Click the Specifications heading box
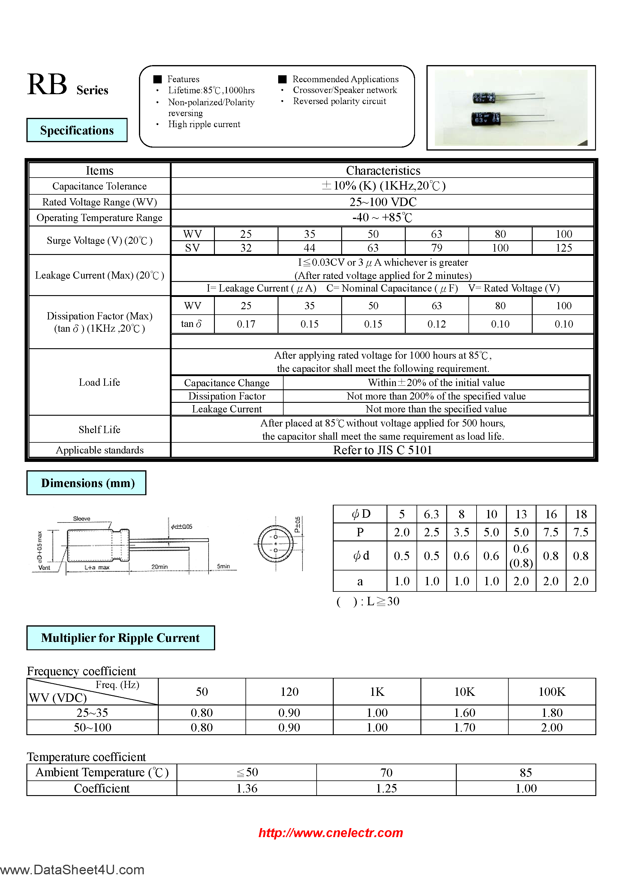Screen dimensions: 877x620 77,130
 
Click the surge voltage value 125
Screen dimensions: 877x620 563,248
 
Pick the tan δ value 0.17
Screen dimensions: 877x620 246,324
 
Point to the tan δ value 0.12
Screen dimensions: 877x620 437,324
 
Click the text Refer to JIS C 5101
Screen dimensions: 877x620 382,450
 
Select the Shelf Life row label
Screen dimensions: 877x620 99,429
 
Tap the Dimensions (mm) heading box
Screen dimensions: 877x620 86,483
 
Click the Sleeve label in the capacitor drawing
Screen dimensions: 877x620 81,518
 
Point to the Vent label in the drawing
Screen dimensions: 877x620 44,567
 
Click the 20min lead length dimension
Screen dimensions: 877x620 159,567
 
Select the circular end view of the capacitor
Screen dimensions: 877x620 275,543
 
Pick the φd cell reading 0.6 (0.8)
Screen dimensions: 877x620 521,556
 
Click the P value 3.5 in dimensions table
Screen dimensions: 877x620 461,532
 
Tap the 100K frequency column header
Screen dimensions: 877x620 552,692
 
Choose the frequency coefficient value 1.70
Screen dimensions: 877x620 465,727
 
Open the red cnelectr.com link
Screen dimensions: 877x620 331,833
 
